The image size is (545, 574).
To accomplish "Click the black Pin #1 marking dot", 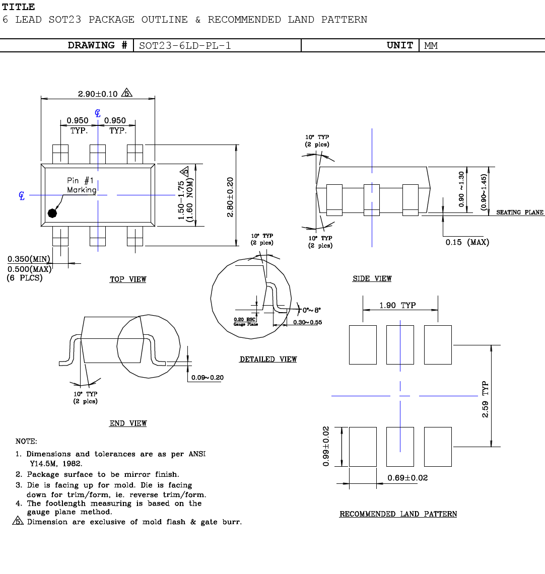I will pos(52,213).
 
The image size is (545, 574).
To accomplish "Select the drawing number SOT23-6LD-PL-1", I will pos(185,45).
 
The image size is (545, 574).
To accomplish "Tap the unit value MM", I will pos(431,46).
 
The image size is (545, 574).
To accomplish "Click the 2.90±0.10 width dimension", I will pos(98,94).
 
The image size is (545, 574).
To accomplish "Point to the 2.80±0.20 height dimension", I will pos(230,197).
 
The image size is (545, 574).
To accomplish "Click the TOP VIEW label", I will pos(128,279).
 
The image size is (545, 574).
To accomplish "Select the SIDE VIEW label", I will pos(372,278).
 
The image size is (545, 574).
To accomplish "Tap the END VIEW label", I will pos(128,423).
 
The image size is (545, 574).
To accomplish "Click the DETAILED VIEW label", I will pos(268,359).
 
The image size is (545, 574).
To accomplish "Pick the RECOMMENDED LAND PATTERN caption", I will pos(398,514).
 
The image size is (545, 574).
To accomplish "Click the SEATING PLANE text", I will pos(520,212).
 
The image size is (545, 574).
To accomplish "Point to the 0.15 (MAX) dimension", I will pos(467,242).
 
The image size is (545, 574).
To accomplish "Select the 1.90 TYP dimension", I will pos(397,305).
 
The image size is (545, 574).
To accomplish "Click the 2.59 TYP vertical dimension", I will pos(485,399).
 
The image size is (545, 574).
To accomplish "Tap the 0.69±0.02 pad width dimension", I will pos(407,477).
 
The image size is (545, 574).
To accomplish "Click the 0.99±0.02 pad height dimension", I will pos(326,447).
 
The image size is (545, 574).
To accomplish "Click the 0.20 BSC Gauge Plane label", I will pos(245,321).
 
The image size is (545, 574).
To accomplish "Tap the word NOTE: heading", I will pos(26,441).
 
